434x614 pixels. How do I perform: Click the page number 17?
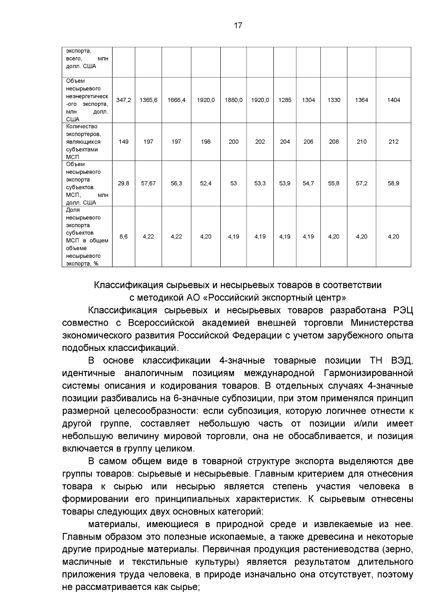238,26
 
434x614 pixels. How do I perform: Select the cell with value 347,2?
124,100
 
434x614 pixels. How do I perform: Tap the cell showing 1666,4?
176,100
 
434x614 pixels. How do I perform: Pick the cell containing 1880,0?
234,100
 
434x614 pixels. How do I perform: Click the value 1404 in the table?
393,100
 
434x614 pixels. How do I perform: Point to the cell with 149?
124,142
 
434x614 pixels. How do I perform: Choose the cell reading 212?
393,142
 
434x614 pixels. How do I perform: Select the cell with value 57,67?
148,183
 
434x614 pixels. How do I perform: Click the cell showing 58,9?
393,183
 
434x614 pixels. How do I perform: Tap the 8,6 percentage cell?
124,237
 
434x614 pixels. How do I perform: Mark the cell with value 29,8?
124,183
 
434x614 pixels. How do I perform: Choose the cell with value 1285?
285,100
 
